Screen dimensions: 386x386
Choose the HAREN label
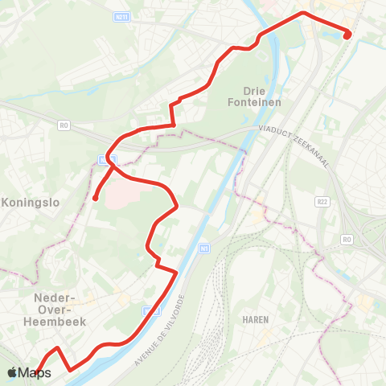point(254,319)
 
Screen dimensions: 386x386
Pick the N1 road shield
point(204,248)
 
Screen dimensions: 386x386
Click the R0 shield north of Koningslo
point(64,125)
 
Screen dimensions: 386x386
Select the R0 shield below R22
point(347,240)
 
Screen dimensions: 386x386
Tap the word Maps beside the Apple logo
point(35,373)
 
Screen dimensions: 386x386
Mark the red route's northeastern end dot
point(347,35)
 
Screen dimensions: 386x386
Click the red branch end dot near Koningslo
point(95,198)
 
